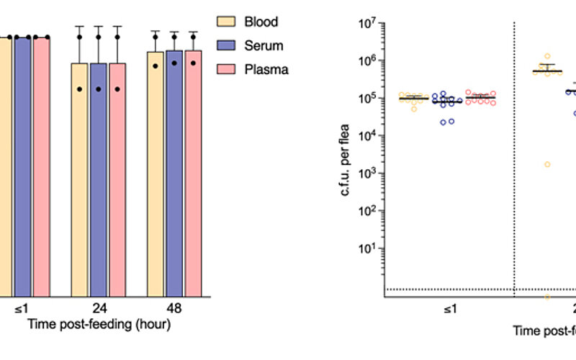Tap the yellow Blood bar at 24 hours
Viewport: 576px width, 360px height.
coord(79,180)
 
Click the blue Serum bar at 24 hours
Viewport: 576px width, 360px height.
coord(99,180)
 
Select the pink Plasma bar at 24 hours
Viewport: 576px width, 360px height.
coord(117,180)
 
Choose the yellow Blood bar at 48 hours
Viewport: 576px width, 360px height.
coord(156,173)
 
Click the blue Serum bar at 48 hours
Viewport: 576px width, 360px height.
coord(174,173)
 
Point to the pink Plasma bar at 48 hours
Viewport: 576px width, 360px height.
coord(194,173)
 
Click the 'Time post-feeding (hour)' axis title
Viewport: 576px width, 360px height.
coord(99,325)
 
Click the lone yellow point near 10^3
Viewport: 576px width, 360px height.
coord(547,164)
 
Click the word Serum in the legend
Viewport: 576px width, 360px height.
coord(267,45)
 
